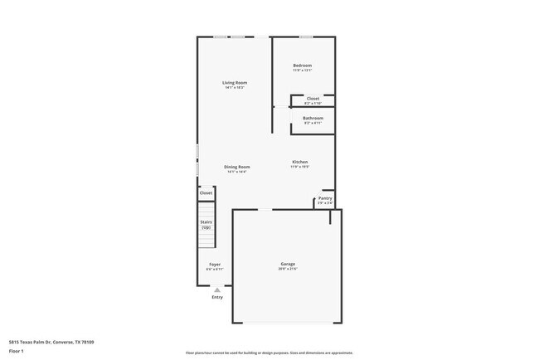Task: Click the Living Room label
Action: [x=235, y=83]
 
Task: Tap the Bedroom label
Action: [x=302, y=66]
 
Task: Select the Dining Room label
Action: [x=236, y=167]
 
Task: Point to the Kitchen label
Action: [x=300, y=162]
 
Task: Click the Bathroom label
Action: [x=313, y=119]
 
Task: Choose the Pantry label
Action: [x=325, y=198]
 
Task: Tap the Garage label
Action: [x=287, y=265]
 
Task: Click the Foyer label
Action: [x=215, y=265]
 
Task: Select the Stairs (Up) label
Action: [x=206, y=224]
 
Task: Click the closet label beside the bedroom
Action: [x=313, y=99]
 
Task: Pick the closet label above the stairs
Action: [x=206, y=193]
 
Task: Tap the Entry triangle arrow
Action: [x=217, y=289]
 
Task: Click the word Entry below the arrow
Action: [x=217, y=297]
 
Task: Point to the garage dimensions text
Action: [x=287, y=270]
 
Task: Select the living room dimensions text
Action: [x=235, y=88]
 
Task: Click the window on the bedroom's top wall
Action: [x=306, y=36]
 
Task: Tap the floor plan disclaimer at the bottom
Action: [x=269, y=352]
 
